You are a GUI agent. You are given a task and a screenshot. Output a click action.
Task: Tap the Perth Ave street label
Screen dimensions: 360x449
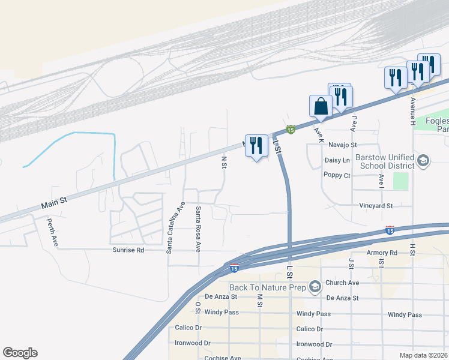tap(53, 232)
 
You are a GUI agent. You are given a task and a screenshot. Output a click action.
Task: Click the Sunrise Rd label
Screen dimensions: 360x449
tap(128, 250)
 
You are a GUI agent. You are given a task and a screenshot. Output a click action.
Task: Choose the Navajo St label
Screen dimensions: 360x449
tap(342, 145)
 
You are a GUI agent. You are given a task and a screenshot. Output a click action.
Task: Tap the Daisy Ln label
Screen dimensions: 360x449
tap(337, 160)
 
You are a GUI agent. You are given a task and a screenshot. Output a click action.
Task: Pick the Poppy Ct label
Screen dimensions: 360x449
tap(336, 175)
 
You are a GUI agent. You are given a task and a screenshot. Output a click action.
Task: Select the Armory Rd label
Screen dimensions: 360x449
tap(382, 253)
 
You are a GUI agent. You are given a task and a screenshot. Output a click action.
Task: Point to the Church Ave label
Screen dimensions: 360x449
tap(342, 283)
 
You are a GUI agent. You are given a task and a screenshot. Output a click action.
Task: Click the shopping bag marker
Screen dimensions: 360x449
tap(321, 107)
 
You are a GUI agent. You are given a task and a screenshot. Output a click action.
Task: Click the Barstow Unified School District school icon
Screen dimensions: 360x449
tap(423, 160)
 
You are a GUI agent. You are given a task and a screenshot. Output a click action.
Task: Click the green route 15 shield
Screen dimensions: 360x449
tap(291, 130)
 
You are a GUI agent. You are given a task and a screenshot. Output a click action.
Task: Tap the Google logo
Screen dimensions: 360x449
tap(20, 353)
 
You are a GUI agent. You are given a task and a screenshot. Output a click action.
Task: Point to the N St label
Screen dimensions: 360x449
tap(224, 162)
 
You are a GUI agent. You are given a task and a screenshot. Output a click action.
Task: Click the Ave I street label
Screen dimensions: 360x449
tap(381, 179)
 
